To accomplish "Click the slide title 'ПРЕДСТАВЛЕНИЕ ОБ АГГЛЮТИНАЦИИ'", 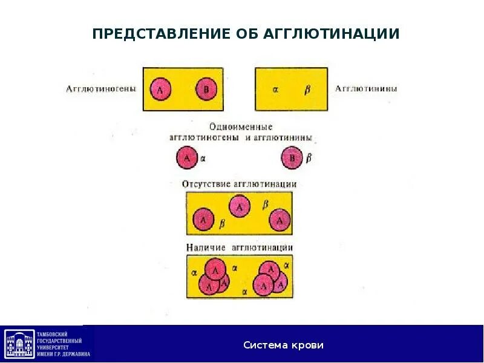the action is pos(246,34).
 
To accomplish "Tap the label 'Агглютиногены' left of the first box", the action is pos(101,89).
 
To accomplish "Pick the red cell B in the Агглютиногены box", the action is pos(206,90).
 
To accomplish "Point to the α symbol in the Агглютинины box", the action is pos(275,89).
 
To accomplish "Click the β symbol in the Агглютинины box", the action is pos(307,89).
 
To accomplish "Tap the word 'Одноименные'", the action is pos(241,127).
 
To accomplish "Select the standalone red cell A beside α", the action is pos(186,159).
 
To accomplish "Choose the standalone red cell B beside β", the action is pos(293,159).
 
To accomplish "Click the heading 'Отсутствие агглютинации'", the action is pos(240,184).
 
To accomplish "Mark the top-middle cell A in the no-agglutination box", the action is pos(240,207).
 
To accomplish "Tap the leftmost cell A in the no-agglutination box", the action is pos(203,220).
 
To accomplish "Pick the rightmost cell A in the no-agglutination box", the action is pos(280,220).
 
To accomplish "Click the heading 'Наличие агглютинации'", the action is pos(240,247).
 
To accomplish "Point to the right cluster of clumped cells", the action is pos(270,277).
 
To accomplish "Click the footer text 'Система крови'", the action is pos(284,345).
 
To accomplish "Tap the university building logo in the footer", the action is pos(20,344).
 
